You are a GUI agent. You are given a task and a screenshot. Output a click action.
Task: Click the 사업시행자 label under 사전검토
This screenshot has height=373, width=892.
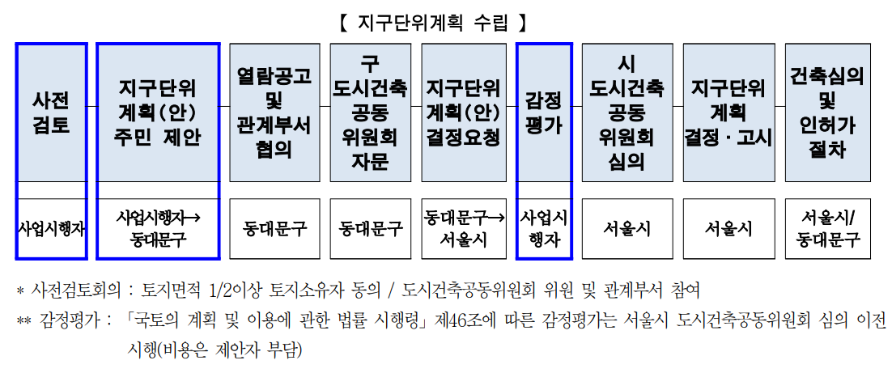point(51,229)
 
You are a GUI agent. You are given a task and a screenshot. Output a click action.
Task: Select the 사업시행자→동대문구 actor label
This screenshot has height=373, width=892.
point(158,228)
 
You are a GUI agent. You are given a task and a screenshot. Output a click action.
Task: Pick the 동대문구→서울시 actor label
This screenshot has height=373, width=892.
point(464,228)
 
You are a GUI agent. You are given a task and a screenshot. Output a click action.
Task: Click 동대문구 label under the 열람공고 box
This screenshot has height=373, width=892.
point(274,229)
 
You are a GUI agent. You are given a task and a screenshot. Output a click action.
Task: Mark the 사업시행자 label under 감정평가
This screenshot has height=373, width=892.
point(544,228)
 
